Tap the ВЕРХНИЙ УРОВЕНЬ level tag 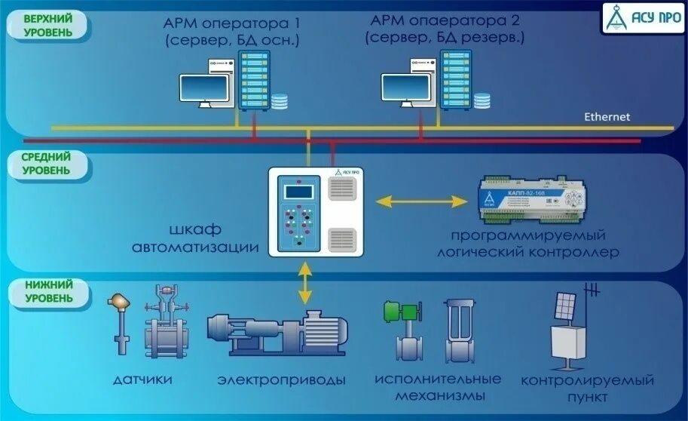coord(48,25)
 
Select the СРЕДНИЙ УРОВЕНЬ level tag coord(47,164)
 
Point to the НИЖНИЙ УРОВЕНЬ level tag coord(48,291)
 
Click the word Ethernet coord(607,117)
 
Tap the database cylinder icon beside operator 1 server coord(280,100)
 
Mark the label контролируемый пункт coord(588,388)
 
